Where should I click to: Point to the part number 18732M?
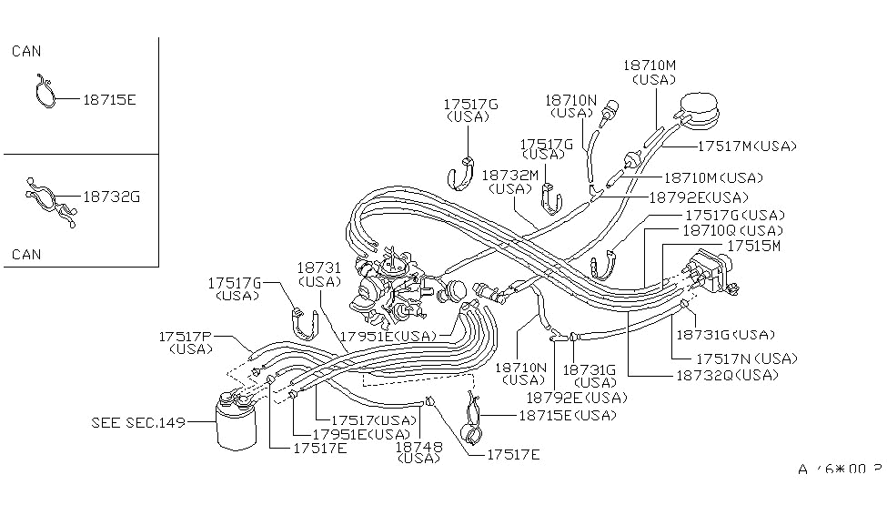(509, 175)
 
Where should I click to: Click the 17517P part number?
(185, 336)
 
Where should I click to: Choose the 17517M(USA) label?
(746, 146)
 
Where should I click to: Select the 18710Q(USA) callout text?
(731, 231)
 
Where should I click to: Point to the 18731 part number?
(318, 268)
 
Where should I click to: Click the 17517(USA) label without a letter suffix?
(372, 419)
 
